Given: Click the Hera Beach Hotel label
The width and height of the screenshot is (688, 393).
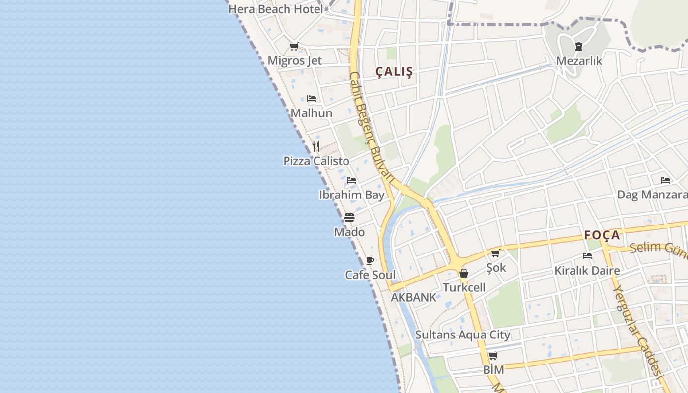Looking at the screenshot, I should pos(276,9).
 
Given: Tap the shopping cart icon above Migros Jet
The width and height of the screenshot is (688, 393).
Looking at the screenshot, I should pos(294,47).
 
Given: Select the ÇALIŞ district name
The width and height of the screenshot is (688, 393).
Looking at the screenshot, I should pos(394,72).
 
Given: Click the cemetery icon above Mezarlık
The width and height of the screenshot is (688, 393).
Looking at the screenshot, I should pos(579,47).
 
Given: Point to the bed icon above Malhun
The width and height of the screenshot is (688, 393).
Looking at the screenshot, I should pos(312,99).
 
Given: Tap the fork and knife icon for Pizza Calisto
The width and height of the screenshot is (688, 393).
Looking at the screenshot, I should pos(316,146).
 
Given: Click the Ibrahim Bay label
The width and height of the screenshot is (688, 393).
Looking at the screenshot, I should pos(351,195).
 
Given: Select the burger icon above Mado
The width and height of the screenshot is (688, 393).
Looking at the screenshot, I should pos(349,217).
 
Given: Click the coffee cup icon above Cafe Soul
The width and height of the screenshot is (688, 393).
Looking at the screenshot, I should pos(370,260).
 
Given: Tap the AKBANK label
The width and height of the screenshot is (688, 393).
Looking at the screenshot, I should pos(413,297).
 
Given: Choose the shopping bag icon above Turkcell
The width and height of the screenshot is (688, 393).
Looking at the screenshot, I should pos(464,273).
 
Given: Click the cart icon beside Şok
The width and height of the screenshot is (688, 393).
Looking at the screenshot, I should pos(496,253).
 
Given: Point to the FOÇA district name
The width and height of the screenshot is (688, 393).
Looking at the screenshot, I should pos(602,235).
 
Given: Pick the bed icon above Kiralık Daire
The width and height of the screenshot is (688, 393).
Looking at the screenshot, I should pos(587,256).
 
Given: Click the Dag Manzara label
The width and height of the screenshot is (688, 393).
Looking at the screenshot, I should pos(652,195).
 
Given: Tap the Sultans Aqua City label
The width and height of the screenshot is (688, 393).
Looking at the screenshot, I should pos(462,335).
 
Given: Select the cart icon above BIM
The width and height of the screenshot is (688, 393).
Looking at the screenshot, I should pos(493,356).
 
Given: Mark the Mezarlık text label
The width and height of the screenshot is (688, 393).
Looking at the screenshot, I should pos(579,61).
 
